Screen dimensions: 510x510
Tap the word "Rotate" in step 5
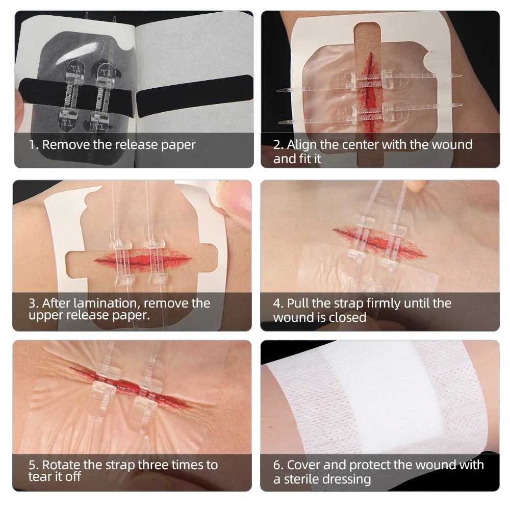pos(61,465)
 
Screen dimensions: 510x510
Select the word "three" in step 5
pos(148,465)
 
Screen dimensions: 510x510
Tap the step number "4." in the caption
pos(278,303)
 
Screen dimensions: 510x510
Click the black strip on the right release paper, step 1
pos(194,96)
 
